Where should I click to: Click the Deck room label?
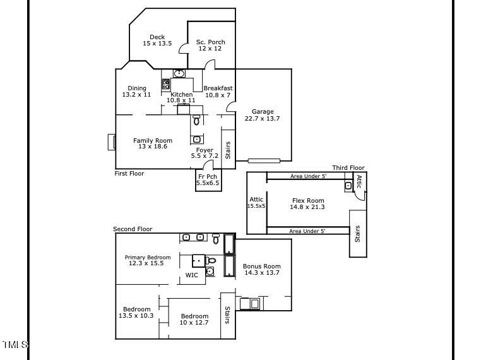[157, 37]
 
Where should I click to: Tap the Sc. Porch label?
[210, 42]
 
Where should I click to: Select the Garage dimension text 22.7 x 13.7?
[262, 119]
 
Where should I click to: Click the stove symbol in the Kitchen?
[166, 84]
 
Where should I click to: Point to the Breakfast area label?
[218, 88]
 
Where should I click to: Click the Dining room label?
[137, 88]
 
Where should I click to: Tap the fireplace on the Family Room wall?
[112, 141]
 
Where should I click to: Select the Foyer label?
[205, 150]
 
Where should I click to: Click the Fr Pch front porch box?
[208, 180]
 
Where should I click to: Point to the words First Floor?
[129, 173]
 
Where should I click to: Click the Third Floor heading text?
[348, 167]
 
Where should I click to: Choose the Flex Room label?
[307, 201]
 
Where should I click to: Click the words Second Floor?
[133, 229]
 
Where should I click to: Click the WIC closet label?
[191, 275]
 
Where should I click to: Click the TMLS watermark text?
[15, 344]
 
